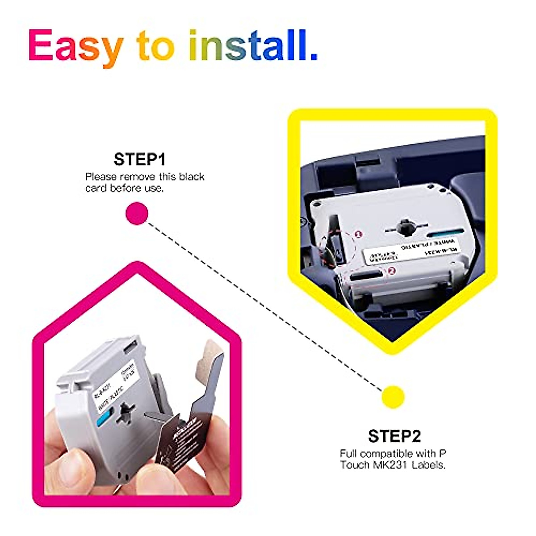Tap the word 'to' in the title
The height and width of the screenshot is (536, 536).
(x=156, y=46)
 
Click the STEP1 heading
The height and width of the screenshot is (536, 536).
(x=139, y=159)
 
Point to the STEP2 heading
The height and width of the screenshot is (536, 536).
(x=394, y=435)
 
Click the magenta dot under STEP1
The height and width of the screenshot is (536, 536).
(x=137, y=213)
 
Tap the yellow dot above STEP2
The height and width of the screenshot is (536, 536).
(x=393, y=397)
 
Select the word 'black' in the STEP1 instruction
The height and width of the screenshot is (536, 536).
(x=192, y=176)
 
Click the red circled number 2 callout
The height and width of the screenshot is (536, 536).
(x=392, y=270)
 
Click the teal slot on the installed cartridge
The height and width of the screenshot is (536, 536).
(x=445, y=232)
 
